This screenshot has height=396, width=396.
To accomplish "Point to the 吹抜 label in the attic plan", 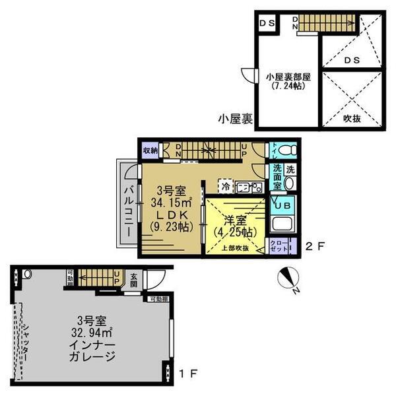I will pyautogui.click(x=352, y=119).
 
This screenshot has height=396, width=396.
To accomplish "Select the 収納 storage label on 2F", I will pyautogui.click(x=149, y=150).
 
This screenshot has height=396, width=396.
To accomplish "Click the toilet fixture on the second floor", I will pyautogui.click(x=286, y=149).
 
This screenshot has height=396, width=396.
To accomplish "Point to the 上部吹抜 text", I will pyautogui.click(x=236, y=248).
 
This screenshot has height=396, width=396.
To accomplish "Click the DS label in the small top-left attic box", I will pyautogui.click(x=267, y=24).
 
